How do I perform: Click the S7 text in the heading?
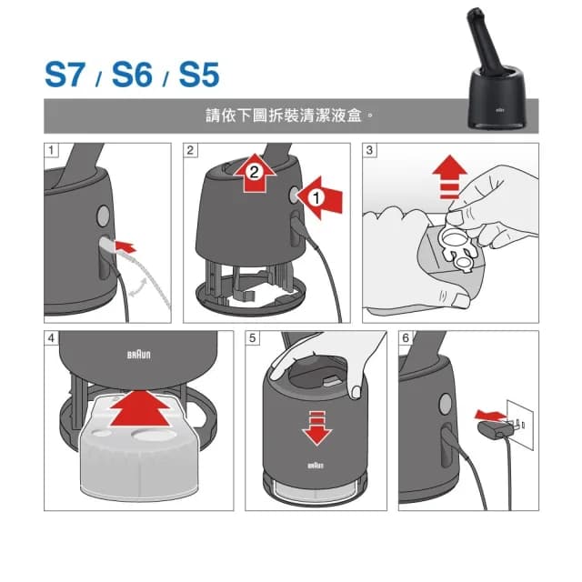point(69,75)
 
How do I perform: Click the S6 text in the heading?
point(133,75)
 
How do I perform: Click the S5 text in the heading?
point(197,75)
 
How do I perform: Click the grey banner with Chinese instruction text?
point(291,116)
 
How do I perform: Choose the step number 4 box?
point(51,337)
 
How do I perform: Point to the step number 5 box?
point(252,337)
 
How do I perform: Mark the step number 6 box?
point(406,337)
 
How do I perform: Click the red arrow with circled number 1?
point(321,196)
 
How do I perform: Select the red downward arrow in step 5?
point(316,426)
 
